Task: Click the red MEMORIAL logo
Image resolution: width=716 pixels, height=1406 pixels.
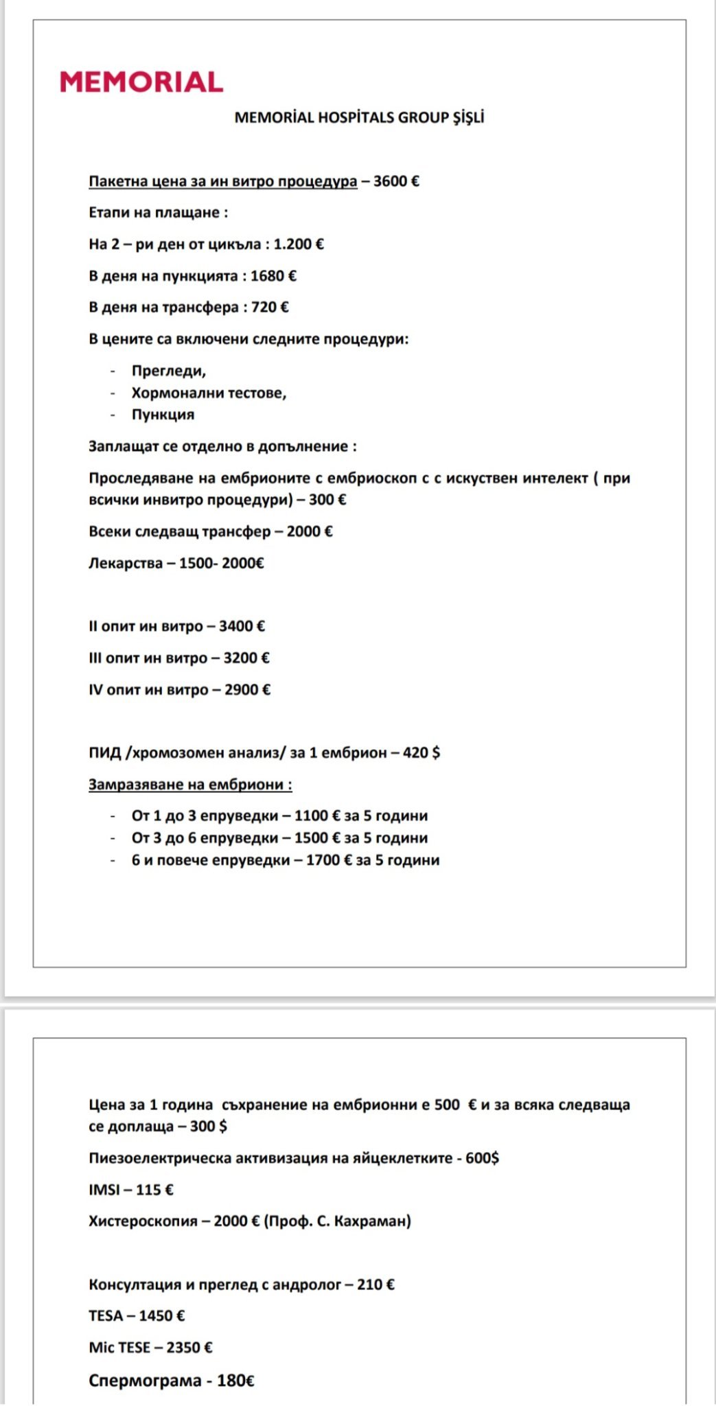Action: point(141,82)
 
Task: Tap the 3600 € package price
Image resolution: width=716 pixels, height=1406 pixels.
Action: point(396,181)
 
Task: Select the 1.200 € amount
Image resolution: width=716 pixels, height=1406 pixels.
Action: point(299,244)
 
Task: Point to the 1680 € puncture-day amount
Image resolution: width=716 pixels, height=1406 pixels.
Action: point(273,276)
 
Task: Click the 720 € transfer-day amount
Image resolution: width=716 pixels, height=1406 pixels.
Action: point(270,308)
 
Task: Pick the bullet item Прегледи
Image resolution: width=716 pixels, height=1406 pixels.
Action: point(168,371)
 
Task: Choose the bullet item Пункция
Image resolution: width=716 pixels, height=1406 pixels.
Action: point(163,415)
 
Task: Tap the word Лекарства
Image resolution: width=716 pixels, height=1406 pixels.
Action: point(126,564)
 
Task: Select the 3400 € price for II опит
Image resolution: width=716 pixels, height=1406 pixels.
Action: point(242,626)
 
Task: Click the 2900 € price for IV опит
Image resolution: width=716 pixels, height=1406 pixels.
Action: point(247,690)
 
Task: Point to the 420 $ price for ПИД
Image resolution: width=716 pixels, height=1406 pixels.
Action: point(421,753)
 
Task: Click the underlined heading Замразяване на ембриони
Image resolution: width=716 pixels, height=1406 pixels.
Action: point(189,785)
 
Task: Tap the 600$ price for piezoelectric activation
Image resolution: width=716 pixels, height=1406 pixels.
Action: point(482,1158)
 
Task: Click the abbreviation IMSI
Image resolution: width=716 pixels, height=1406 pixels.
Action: point(104,1190)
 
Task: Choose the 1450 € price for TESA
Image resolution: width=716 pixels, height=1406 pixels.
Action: point(162,1316)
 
